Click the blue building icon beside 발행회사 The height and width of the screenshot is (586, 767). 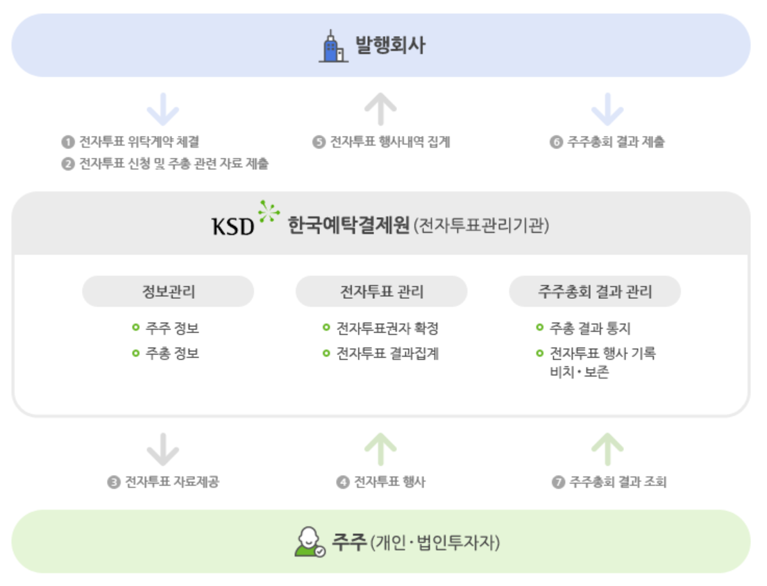click(x=333, y=46)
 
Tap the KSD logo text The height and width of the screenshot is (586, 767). click(x=233, y=226)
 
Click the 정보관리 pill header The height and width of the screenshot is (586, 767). click(x=168, y=291)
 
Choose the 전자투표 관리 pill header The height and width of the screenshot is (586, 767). click(x=381, y=291)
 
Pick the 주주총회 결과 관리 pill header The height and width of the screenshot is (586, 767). click(x=595, y=291)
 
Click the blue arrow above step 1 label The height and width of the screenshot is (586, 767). click(x=164, y=109)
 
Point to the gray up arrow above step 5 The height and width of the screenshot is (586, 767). click(x=380, y=109)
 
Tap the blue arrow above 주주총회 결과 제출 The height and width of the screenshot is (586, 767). click(x=607, y=109)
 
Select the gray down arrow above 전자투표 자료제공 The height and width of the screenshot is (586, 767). click(x=164, y=449)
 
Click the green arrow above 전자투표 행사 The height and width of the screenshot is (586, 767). click(x=380, y=449)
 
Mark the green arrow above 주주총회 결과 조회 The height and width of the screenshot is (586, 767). click(x=607, y=449)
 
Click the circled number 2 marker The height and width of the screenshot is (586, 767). click(x=67, y=164)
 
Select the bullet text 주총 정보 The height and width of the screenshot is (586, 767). click(x=172, y=354)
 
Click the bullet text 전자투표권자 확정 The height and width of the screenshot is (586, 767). click(x=387, y=328)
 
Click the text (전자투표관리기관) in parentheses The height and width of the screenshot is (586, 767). click(x=480, y=227)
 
